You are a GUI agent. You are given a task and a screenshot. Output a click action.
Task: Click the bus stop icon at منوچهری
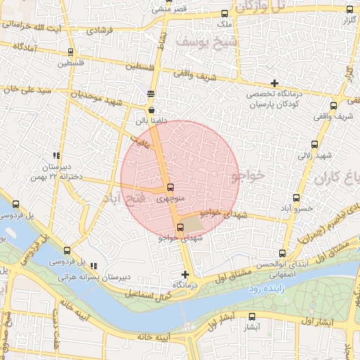click(171, 187)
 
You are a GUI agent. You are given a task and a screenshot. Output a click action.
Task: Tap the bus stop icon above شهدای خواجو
click(180, 227)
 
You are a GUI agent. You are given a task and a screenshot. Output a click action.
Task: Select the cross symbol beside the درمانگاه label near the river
click(185, 274)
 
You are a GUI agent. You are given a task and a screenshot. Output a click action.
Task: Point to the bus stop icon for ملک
click(225, 13)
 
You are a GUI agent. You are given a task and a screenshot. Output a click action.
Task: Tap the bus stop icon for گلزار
click(349, 10)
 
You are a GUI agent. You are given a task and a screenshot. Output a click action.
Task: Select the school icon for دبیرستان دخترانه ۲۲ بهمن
click(56, 156)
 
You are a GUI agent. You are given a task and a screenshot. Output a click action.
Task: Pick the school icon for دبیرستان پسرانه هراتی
click(94, 266)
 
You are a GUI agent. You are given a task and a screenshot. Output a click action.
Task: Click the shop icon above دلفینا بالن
click(151, 110)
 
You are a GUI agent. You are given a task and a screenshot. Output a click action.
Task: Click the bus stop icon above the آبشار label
click(252, 316)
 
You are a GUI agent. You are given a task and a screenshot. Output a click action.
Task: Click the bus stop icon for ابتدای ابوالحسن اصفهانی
click(282, 253)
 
